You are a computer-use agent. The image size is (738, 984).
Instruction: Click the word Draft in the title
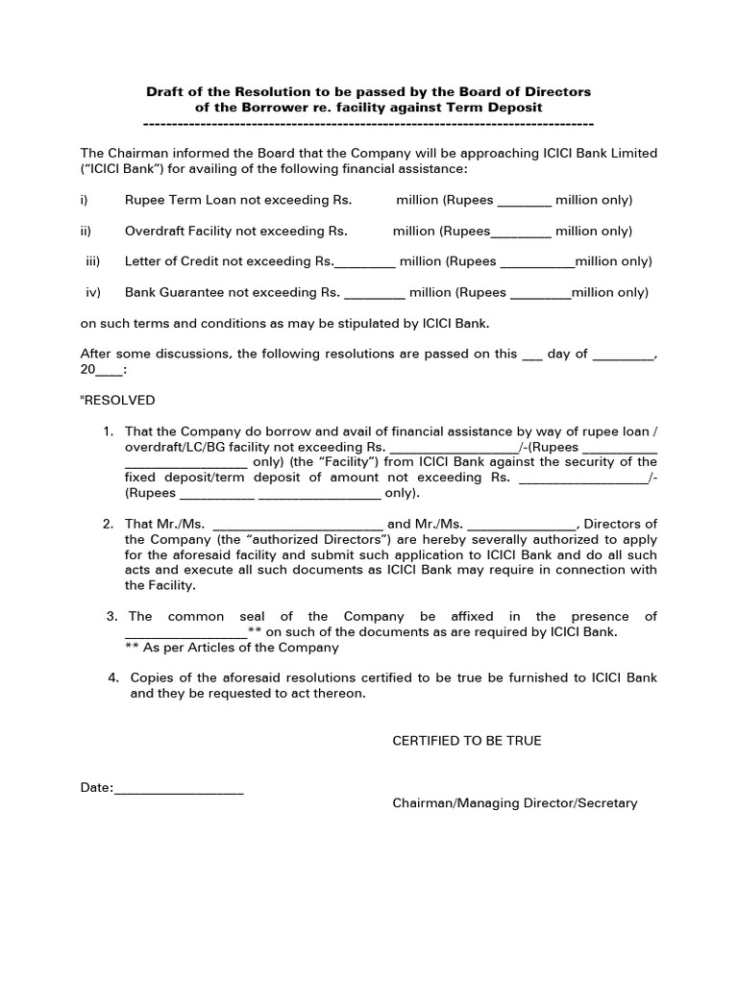pyautogui.click(x=165, y=91)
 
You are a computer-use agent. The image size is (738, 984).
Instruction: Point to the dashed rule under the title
pyautogui.click(x=368, y=124)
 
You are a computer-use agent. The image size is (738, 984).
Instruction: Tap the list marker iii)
pyautogui.click(x=93, y=261)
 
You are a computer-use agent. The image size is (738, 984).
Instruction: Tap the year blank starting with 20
pyautogui.click(x=101, y=369)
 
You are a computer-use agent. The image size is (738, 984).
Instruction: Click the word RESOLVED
pyautogui.click(x=119, y=400)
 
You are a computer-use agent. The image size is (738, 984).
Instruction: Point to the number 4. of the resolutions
pyautogui.click(x=112, y=677)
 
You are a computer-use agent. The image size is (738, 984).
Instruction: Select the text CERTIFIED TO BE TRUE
pyautogui.click(x=466, y=740)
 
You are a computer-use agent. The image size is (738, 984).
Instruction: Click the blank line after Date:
pyautogui.click(x=179, y=788)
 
